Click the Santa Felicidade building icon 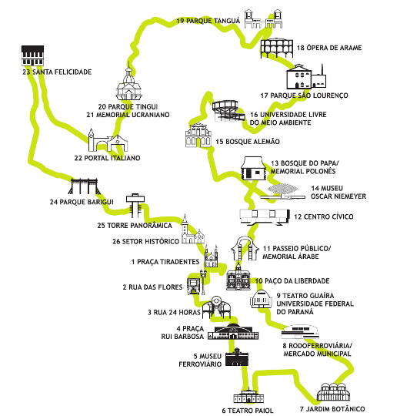pos(32,55)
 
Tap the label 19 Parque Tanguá pos(208,21)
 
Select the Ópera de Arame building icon pos(277,48)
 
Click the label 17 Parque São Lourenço pos(304,96)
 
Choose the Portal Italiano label pos(107,158)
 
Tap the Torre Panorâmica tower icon pos(135,204)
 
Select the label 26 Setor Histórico pos(146,241)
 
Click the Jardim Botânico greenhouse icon pos(334,391)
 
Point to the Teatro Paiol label pos(248,411)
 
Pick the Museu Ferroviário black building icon pos(237,357)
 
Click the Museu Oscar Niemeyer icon pos(282,192)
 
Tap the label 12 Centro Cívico pos(324,216)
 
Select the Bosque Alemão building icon pos(198,136)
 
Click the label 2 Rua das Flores pos(152,287)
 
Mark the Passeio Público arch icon pos(245,249)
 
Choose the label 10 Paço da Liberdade pos(292,281)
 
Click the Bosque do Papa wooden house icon pos(253,168)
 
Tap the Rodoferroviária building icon pos(300,331)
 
